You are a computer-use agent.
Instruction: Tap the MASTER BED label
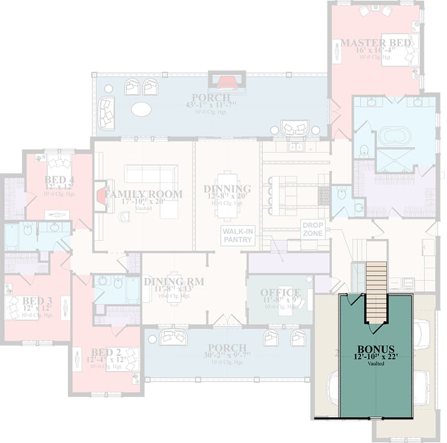[x=376, y=43]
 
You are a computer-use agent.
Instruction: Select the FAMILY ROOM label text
[x=144, y=194]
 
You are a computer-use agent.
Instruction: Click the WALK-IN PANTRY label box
[x=237, y=235]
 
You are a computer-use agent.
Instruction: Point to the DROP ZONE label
[x=312, y=229]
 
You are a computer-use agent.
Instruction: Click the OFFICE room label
[x=280, y=293]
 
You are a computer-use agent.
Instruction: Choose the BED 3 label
[x=37, y=300]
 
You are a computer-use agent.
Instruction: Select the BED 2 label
[x=106, y=352]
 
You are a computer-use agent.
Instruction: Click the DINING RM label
[x=173, y=281]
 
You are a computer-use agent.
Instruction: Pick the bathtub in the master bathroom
[x=394, y=135]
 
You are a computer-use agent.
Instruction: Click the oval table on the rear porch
[x=141, y=109]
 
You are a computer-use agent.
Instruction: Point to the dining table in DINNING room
[x=227, y=194]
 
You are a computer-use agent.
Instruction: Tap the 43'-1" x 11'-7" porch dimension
[x=212, y=105]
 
